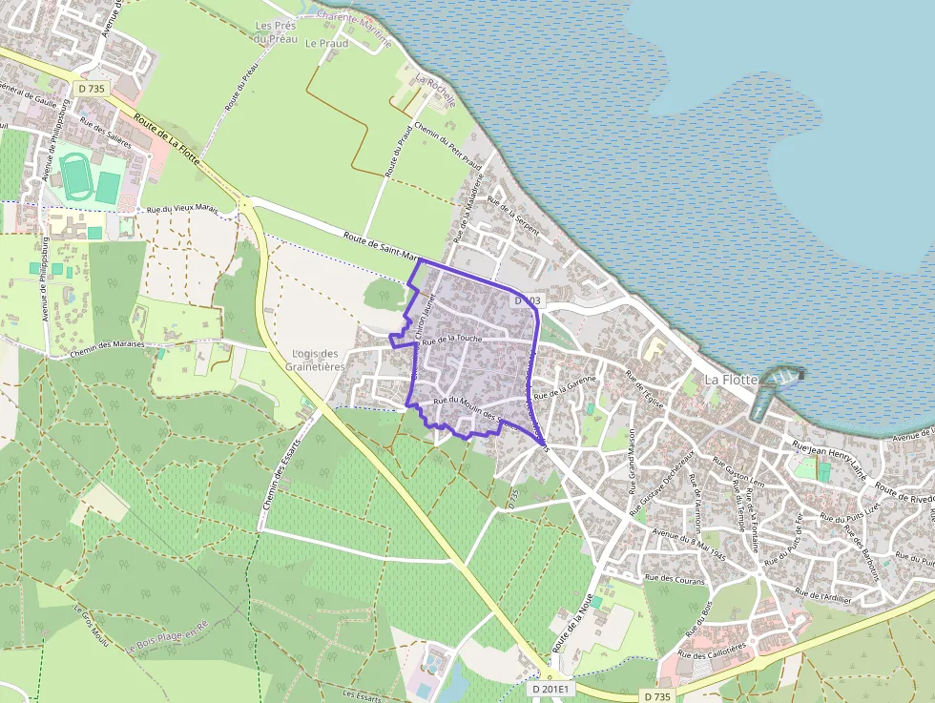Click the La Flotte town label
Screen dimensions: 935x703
[x=731, y=380]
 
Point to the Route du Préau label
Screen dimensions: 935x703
[x=242, y=87]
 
